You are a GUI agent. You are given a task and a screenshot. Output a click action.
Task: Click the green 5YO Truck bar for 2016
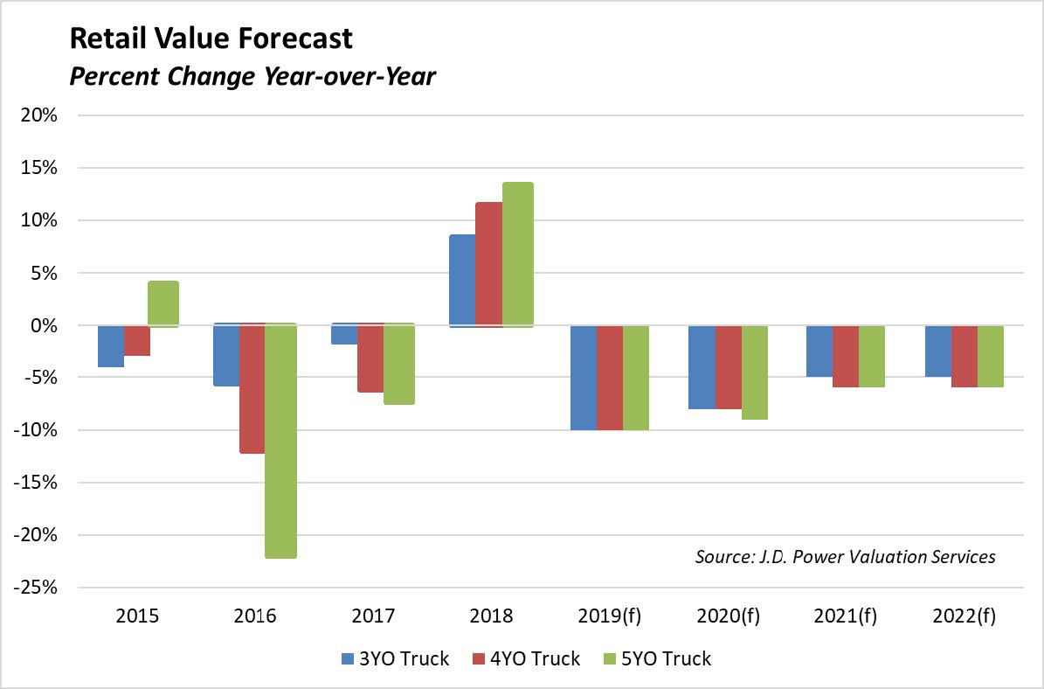pyautogui.click(x=280, y=441)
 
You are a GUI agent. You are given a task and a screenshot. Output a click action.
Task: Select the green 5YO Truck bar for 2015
pyautogui.click(x=163, y=303)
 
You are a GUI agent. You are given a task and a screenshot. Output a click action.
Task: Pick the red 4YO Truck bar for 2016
pyautogui.click(x=252, y=388)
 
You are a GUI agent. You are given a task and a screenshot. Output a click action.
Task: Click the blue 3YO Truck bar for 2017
pyautogui.click(x=344, y=334)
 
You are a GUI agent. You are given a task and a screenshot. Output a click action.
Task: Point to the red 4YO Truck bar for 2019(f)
pyautogui.click(x=610, y=377)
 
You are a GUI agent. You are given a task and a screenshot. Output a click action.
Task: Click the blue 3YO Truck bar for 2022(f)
pyautogui.click(x=937, y=351)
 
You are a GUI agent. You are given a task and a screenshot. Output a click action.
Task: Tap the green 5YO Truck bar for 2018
pyautogui.click(x=517, y=254)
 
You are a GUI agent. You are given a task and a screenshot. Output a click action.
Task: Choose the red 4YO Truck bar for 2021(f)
pyautogui.click(x=846, y=356)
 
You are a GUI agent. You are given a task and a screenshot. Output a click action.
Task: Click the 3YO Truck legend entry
pyautogui.click(x=394, y=658)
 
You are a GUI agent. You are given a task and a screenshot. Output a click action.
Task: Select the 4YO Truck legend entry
pyautogui.click(x=525, y=658)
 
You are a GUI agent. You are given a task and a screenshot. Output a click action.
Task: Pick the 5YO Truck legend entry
pyautogui.click(x=657, y=658)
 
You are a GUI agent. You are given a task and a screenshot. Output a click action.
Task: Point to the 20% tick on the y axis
pyautogui.click(x=40, y=115)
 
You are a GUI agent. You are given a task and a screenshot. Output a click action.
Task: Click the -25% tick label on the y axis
pyautogui.click(x=36, y=588)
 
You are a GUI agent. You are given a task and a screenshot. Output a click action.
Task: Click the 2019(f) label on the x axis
pyautogui.click(x=609, y=616)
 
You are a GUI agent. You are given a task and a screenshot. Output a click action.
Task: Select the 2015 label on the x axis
pyautogui.click(x=136, y=616)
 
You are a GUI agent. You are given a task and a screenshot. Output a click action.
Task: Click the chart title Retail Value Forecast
pyautogui.click(x=211, y=38)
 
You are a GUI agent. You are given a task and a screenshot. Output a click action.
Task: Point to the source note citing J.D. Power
pyautogui.click(x=845, y=556)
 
